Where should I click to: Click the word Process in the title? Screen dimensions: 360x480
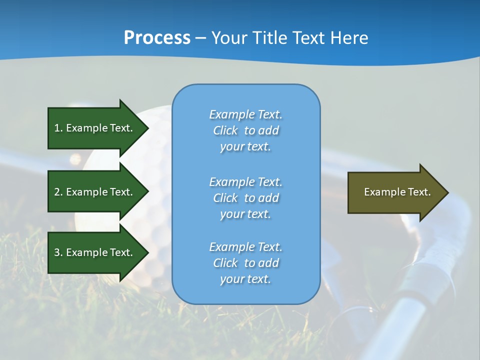[157, 38]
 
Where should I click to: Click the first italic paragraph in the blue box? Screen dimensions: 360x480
[245, 130]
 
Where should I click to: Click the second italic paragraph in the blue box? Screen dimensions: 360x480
[245, 197]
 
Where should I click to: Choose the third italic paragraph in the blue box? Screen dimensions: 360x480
[245, 263]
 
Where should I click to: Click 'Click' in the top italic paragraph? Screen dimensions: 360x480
[225, 130]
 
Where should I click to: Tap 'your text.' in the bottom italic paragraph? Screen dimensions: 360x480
[245, 279]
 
